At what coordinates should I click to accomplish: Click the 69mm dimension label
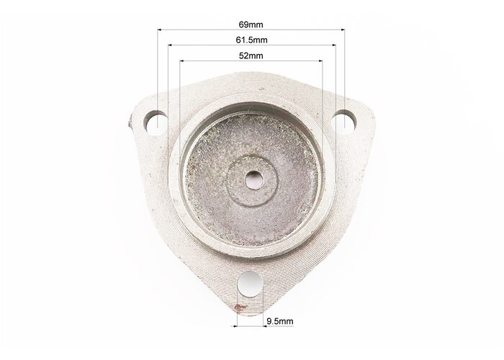point(251,24)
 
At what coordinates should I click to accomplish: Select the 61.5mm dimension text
point(251,40)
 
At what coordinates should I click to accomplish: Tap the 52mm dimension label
point(251,56)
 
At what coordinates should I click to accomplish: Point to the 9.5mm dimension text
point(280,321)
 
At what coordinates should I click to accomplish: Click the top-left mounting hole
point(156,122)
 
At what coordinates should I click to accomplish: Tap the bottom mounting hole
point(250,284)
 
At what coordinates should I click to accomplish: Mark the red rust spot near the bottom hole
point(240,307)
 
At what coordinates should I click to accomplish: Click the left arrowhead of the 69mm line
point(159,30)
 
